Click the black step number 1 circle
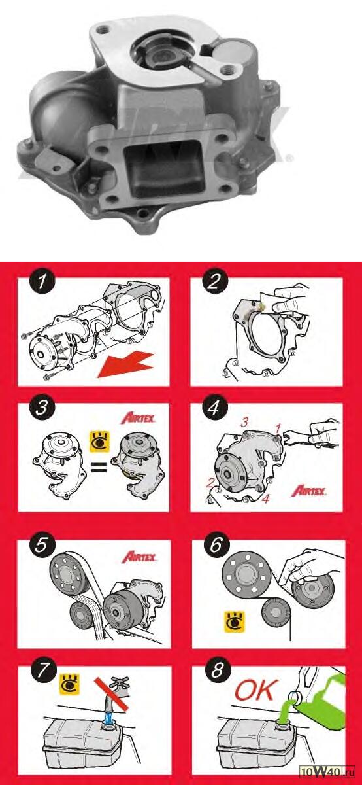point(42,282)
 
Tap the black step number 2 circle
point(214,282)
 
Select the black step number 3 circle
point(42,408)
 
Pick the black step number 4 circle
point(214,407)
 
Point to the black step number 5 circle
point(41,545)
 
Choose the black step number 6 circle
point(216,544)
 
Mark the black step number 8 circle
point(216,670)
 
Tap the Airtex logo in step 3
point(138,419)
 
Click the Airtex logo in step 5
point(139,557)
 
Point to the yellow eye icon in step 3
point(99,442)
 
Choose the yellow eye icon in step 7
point(70,684)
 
